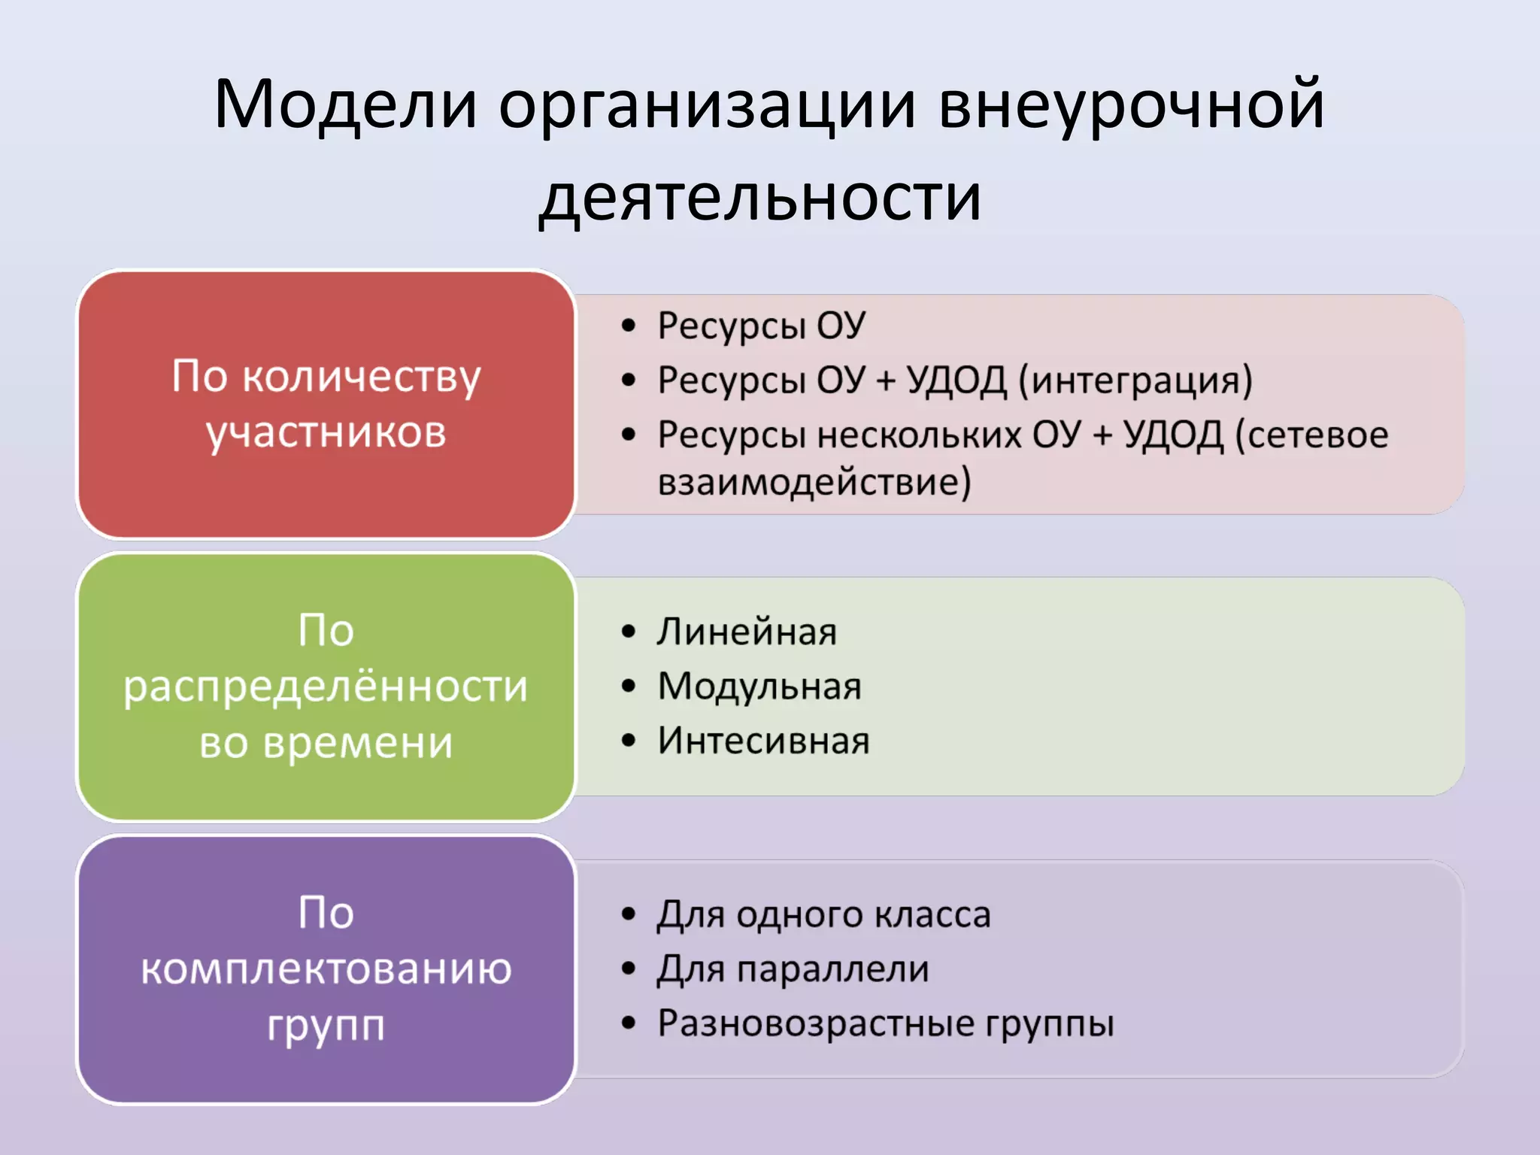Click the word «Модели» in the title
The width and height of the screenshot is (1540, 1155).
pyautogui.click(x=346, y=105)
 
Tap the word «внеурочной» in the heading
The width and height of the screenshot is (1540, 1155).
pyautogui.click(x=1132, y=105)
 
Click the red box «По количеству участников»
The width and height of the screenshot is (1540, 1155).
pyautogui.click(x=326, y=404)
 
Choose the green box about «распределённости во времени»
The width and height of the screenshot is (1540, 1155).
pyautogui.click(x=326, y=687)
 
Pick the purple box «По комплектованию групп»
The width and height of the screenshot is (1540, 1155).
pyautogui.click(x=326, y=969)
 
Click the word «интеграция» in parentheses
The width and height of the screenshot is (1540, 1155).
pyautogui.click(x=1135, y=380)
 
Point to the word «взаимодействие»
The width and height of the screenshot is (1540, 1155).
pyautogui.click(x=814, y=482)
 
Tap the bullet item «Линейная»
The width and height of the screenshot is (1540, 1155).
pyautogui.click(x=747, y=632)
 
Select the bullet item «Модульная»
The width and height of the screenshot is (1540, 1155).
pyautogui.click(x=759, y=687)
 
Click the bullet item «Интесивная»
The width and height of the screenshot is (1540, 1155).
pyautogui.click(x=763, y=741)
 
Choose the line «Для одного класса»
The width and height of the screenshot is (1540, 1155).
pyautogui.click(x=823, y=915)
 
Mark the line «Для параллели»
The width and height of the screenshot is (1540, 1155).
pyautogui.click(x=793, y=969)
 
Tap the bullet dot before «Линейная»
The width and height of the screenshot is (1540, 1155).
pyautogui.click(x=629, y=632)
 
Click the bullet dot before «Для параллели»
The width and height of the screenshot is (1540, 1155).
pyautogui.click(x=629, y=969)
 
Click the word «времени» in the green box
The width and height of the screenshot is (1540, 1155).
pyautogui.click(x=358, y=743)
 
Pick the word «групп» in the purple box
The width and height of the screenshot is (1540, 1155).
pyautogui.click(x=326, y=1026)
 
